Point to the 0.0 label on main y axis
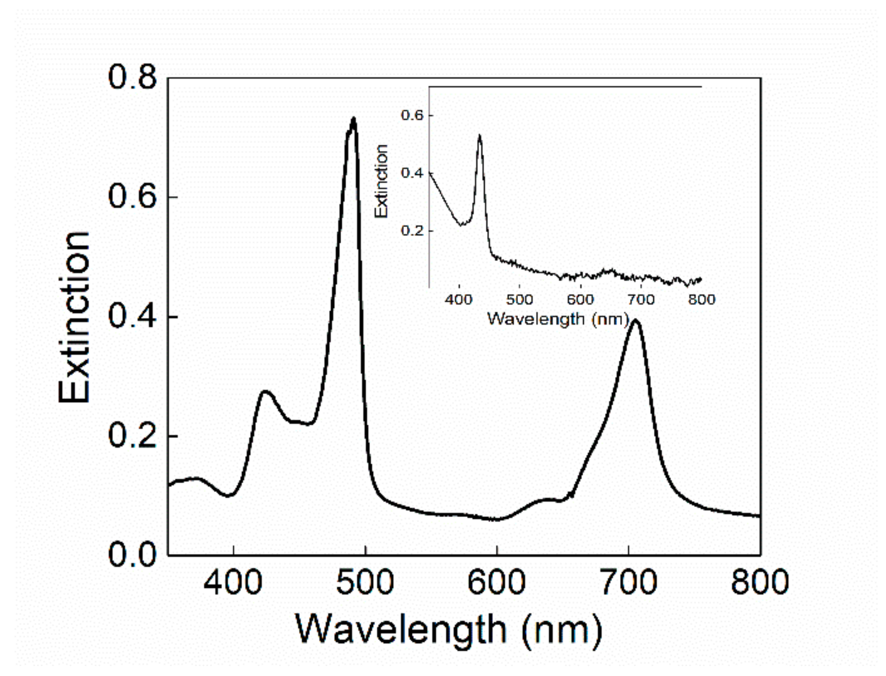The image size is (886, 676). [132, 554]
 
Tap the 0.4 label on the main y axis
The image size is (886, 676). [132, 316]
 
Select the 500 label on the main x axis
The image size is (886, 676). [365, 582]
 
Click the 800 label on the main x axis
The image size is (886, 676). [759, 582]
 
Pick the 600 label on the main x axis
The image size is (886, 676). [497, 582]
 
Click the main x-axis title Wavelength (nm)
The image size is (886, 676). [449, 629]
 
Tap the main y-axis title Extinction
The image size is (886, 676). [74, 317]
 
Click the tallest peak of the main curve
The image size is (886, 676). [354, 119]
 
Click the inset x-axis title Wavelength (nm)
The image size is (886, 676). [558, 318]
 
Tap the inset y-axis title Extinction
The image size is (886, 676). [381, 181]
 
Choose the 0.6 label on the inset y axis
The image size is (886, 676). [412, 116]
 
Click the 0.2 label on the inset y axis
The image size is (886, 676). [412, 231]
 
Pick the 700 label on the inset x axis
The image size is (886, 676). [640, 299]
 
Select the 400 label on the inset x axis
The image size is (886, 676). [458, 299]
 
